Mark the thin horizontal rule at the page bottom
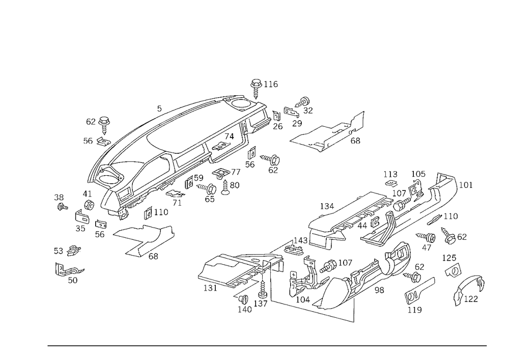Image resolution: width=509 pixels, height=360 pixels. click(x=267, y=345)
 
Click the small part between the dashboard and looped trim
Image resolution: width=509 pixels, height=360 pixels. click(x=153, y=211)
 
